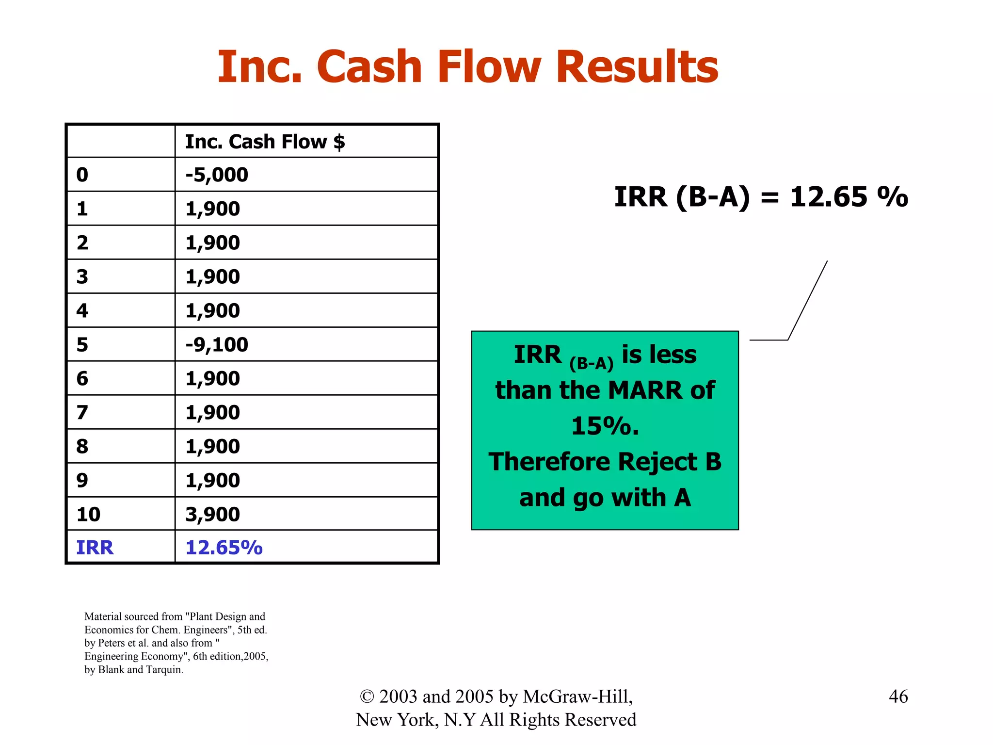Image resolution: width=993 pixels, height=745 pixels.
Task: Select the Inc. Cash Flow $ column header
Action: (x=265, y=142)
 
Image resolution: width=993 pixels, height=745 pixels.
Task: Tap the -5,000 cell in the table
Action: (x=217, y=175)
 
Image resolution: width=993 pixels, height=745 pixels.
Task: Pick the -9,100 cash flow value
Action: (x=217, y=344)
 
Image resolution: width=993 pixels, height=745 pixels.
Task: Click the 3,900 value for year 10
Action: (x=212, y=514)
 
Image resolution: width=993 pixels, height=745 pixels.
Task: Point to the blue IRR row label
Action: (x=95, y=548)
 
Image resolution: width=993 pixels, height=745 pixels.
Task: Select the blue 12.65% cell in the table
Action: (x=224, y=548)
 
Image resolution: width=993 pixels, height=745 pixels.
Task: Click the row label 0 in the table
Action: (x=82, y=175)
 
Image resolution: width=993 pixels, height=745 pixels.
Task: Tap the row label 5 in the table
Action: (x=82, y=344)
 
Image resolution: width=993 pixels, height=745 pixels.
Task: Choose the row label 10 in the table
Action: (x=88, y=514)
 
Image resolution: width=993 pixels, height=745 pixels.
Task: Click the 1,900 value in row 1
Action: (x=212, y=209)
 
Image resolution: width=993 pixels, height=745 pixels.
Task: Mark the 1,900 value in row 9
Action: (x=212, y=480)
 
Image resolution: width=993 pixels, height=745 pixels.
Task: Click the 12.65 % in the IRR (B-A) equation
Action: (x=849, y=197)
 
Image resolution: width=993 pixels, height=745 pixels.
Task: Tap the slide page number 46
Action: (x=898, y=696)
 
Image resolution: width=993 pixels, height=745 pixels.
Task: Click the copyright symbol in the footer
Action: (x=367, y=697)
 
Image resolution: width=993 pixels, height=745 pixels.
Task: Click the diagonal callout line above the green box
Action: (x=808, y=300)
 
